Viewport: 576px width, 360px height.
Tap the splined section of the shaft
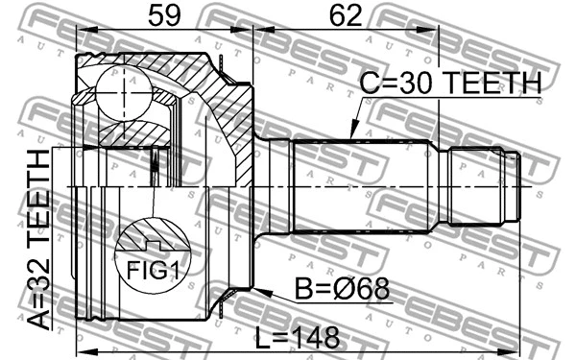[360, 188]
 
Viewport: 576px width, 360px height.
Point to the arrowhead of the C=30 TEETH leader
[351, 135]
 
